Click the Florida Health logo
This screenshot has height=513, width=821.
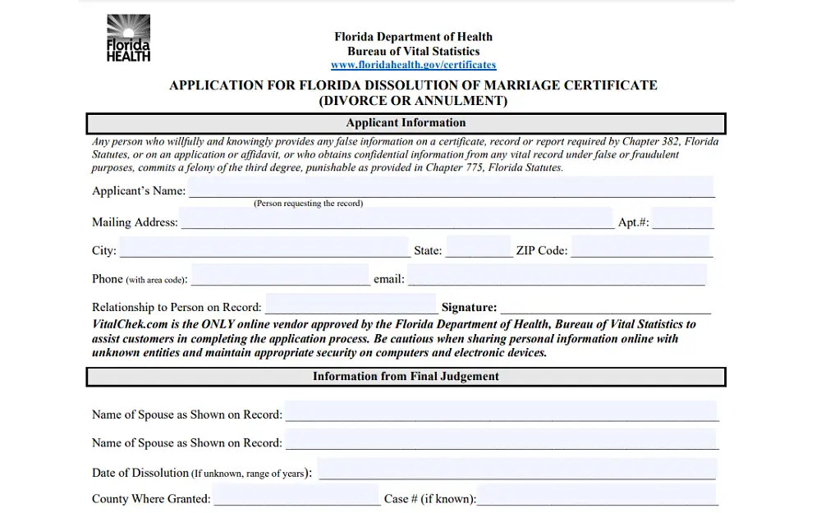pos(129,38)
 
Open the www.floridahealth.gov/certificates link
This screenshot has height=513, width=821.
pos(413,65)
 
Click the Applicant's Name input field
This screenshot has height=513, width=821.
pos(451,188)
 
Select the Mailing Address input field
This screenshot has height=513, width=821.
pos(396,218)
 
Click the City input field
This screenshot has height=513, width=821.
pos(264,248)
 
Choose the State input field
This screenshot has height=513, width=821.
pos(479,247)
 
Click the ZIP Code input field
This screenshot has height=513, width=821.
pos(640,247)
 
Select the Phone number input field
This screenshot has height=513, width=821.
pos(280,276)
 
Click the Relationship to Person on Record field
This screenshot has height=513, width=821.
pos(351,305)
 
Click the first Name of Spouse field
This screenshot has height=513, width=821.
pos(501,411)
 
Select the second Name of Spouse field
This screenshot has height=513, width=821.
pos(501,440)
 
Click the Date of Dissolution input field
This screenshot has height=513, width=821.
pos(516,469)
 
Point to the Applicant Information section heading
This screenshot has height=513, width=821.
pos(406,123)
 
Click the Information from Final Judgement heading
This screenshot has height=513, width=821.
pos(406,377)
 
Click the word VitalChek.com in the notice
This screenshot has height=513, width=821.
pos(131,324)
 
